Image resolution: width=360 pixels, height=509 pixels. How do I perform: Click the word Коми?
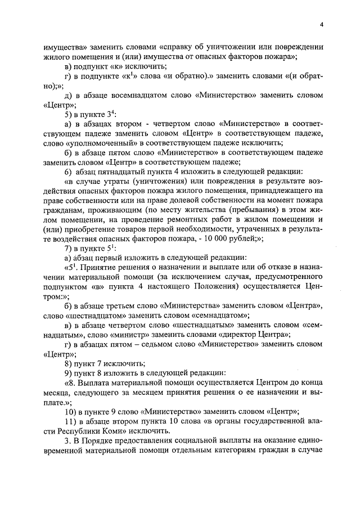point(97,430)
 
